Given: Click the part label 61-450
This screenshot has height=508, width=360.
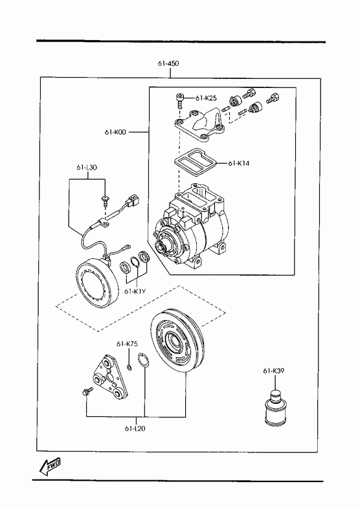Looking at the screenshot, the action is coord(168,63).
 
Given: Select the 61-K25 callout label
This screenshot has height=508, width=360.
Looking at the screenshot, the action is coord(206,98).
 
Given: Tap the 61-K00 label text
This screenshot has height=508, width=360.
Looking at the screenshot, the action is coord(115,132).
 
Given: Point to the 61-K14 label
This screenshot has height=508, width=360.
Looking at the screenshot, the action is coord(239,163).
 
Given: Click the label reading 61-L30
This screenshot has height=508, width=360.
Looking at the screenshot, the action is coord(87,168).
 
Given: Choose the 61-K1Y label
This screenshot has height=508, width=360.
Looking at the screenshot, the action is coord(135,291).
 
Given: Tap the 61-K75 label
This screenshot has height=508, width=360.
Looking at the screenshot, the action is coord(127,344).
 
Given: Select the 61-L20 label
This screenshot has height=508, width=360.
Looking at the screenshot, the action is coord(135,428).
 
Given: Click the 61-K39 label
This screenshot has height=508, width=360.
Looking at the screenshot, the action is coord(274,371).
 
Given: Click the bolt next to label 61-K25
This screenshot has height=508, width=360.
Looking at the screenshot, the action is coord(179,101).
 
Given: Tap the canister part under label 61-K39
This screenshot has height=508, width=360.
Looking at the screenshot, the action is coord(275,407).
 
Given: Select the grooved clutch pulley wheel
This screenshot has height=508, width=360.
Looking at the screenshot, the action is coord(177,342).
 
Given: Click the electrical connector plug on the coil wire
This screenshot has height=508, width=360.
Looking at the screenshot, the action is coord(133,201).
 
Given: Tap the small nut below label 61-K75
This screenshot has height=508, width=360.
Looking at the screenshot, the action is coord(129,368).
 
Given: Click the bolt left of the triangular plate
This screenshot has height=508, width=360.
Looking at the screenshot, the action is coord(87,391).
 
